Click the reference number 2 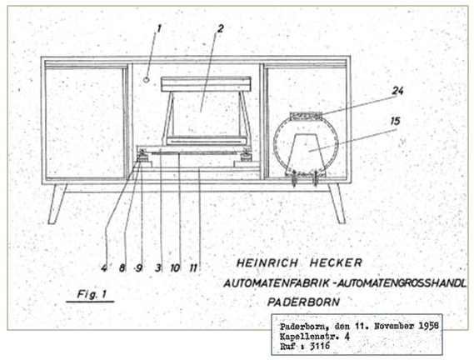221,28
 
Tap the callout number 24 398,91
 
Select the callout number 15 396,121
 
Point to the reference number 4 104,268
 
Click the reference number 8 122,268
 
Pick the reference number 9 139,268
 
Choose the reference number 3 158,268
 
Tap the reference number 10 175,268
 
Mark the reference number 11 193,268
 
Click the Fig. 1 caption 92,294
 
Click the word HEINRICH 267,262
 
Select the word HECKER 336,262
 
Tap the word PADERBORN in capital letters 303,302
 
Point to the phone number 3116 320,346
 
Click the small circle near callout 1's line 147,79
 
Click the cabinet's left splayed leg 57,204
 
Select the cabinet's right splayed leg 337,204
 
